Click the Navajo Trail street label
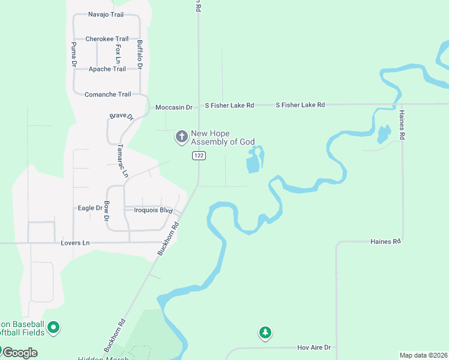[105, 14]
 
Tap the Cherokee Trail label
[107, 39]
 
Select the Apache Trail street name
[107, 69]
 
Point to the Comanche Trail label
[107, 94]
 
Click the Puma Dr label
[74, 54]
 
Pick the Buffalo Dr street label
[139, 53]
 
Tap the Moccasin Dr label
[173, 107]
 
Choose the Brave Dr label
[121, 116]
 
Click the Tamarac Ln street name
[122, 161]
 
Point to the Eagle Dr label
[90, 208]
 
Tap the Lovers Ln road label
[75, 243]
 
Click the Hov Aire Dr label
[314, 347]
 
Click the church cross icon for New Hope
[181, 137]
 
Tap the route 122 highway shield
[199, 155]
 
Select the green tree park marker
[265, 332]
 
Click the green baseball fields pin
[53, 328]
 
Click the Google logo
[20, 352]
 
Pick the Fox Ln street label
[118, 54]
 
